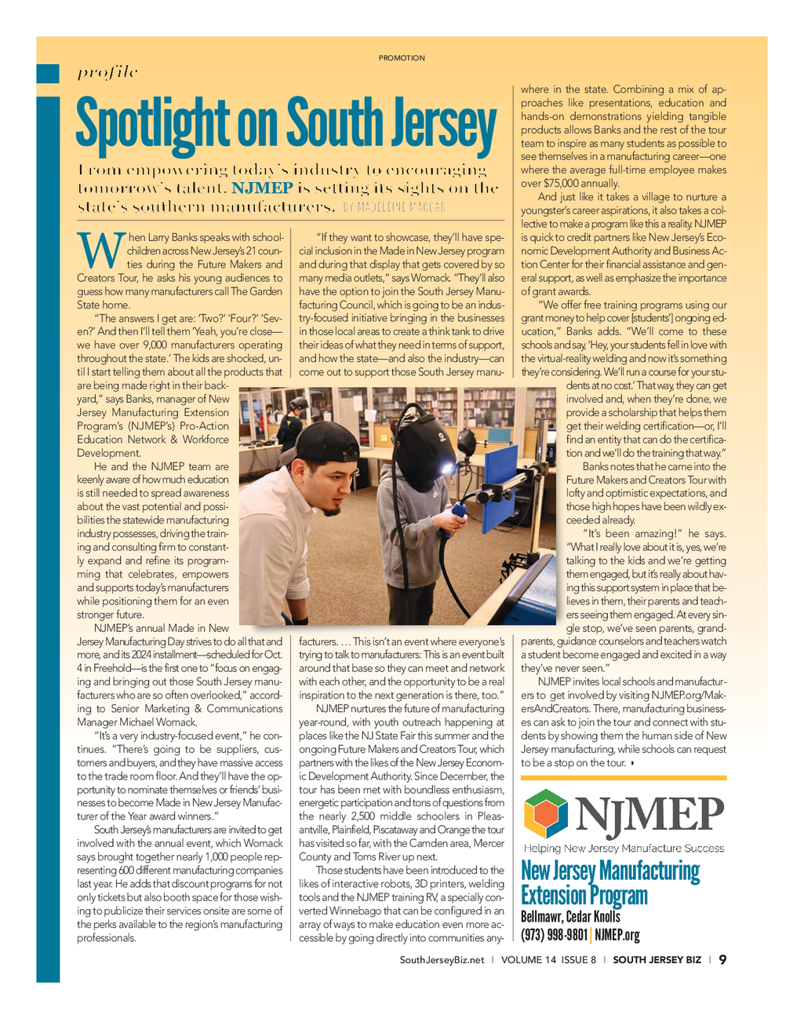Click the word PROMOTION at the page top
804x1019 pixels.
point(402,58)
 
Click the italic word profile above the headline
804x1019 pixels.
point(107,73)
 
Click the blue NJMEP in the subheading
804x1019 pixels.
point(262,188)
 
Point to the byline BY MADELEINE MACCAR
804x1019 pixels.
point(395,207)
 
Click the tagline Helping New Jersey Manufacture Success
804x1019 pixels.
point(624,849)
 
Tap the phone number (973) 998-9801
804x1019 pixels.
point(554,935)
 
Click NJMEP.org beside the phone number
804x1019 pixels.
point(617,935)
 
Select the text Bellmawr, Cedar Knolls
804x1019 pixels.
point(570,917)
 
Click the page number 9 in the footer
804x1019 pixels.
point(722,959)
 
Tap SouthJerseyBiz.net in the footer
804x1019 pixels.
point(442,960)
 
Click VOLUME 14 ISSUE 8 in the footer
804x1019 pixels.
point(548,960)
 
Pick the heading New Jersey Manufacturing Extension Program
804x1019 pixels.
point(610,882)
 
